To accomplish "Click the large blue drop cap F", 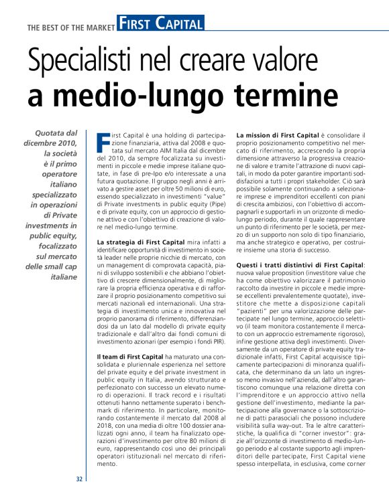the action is [103, 142].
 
